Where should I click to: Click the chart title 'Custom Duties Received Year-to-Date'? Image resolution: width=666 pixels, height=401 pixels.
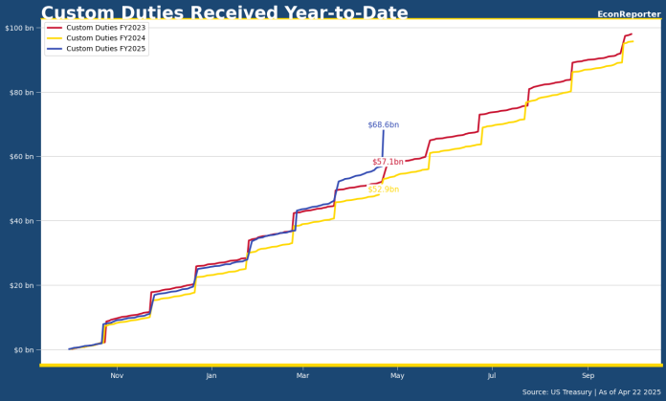click(x=224, y=13)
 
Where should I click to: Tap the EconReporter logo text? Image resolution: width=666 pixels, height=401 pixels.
click(x=628, y=14)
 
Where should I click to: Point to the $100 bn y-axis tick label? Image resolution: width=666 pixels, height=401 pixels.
click(x=19, y=28)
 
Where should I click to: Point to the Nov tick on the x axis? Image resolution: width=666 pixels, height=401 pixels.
click(x=117, y=376)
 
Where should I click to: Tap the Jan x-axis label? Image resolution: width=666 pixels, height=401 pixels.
click(x=211, y=376)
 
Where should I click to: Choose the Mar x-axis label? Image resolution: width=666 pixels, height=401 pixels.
click(x=302, y=376)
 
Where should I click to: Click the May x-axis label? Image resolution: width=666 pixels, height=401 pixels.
click(x=398, y=376)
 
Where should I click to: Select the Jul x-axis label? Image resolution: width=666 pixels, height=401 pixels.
click(x=492, y=376)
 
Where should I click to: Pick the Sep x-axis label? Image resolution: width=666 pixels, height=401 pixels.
click(x=588, y=376)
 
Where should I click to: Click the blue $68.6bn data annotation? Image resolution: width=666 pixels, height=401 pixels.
click(x=383, y=125)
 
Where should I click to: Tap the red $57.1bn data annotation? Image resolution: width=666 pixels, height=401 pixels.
click(x=388, y=163)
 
